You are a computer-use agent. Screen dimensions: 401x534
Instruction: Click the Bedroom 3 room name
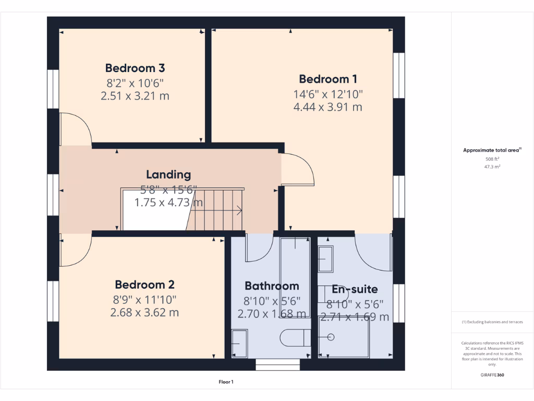click(135, 68)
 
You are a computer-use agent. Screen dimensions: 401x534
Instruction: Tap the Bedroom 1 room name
click(328, 79)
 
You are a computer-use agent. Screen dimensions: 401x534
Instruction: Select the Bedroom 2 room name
click(144, 285)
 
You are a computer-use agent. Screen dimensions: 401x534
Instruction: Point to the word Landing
click(168, 174)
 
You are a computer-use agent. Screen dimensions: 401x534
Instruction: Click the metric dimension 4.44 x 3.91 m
click(328, 107)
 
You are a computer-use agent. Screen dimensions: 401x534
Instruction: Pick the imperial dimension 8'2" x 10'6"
click(135, 82)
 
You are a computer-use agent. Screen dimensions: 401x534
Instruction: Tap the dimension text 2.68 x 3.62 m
click(144, 313)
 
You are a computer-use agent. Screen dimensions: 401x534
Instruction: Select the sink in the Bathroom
click(240, 344)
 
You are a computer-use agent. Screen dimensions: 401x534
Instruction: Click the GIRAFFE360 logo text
click(492, 375)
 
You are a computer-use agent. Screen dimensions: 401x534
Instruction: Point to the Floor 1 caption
click(226, 382)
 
